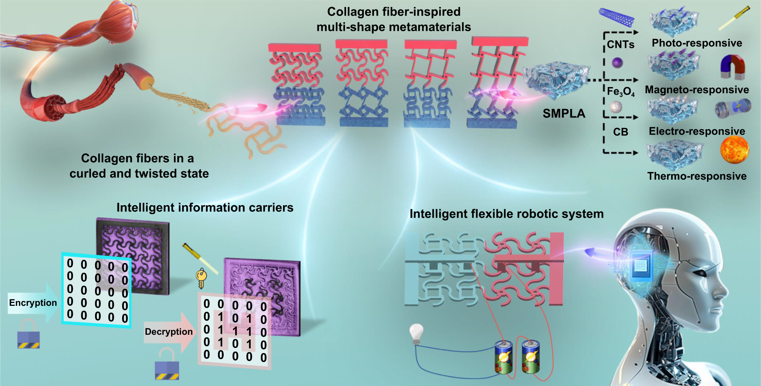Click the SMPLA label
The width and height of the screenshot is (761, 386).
pyautogui.click(x=564, y=114)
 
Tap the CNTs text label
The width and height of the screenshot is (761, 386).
pyautogui.click(x=620, y=45)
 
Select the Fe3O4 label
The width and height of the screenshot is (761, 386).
pyautogui.click(x=620, y=91)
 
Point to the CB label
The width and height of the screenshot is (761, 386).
pyautogui.click(x=620, y=132)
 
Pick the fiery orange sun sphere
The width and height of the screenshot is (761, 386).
pyautogui.click(x=735, y=150)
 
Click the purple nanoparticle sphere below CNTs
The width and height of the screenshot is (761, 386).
pyautogui.click(x=617, y=63)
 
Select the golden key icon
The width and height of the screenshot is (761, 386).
pyautogui.click(x=201, y=278)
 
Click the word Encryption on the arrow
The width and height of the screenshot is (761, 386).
pyautogui.click(x=33, y=303)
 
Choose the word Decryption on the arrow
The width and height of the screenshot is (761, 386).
pyautogui.click(x=169, y=332)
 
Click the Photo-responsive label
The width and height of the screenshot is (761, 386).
pyautogui.click(x=696, y=43)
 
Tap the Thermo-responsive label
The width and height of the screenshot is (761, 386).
pyautogui.click(x=696, y=176)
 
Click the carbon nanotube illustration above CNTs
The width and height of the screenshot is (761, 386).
pyautogui.click(x=616, y=17)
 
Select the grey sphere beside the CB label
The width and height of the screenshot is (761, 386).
pyautogui.click(x=616, y=107)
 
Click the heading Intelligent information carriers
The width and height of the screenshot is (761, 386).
pyautogui.click(x=205, y=208)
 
